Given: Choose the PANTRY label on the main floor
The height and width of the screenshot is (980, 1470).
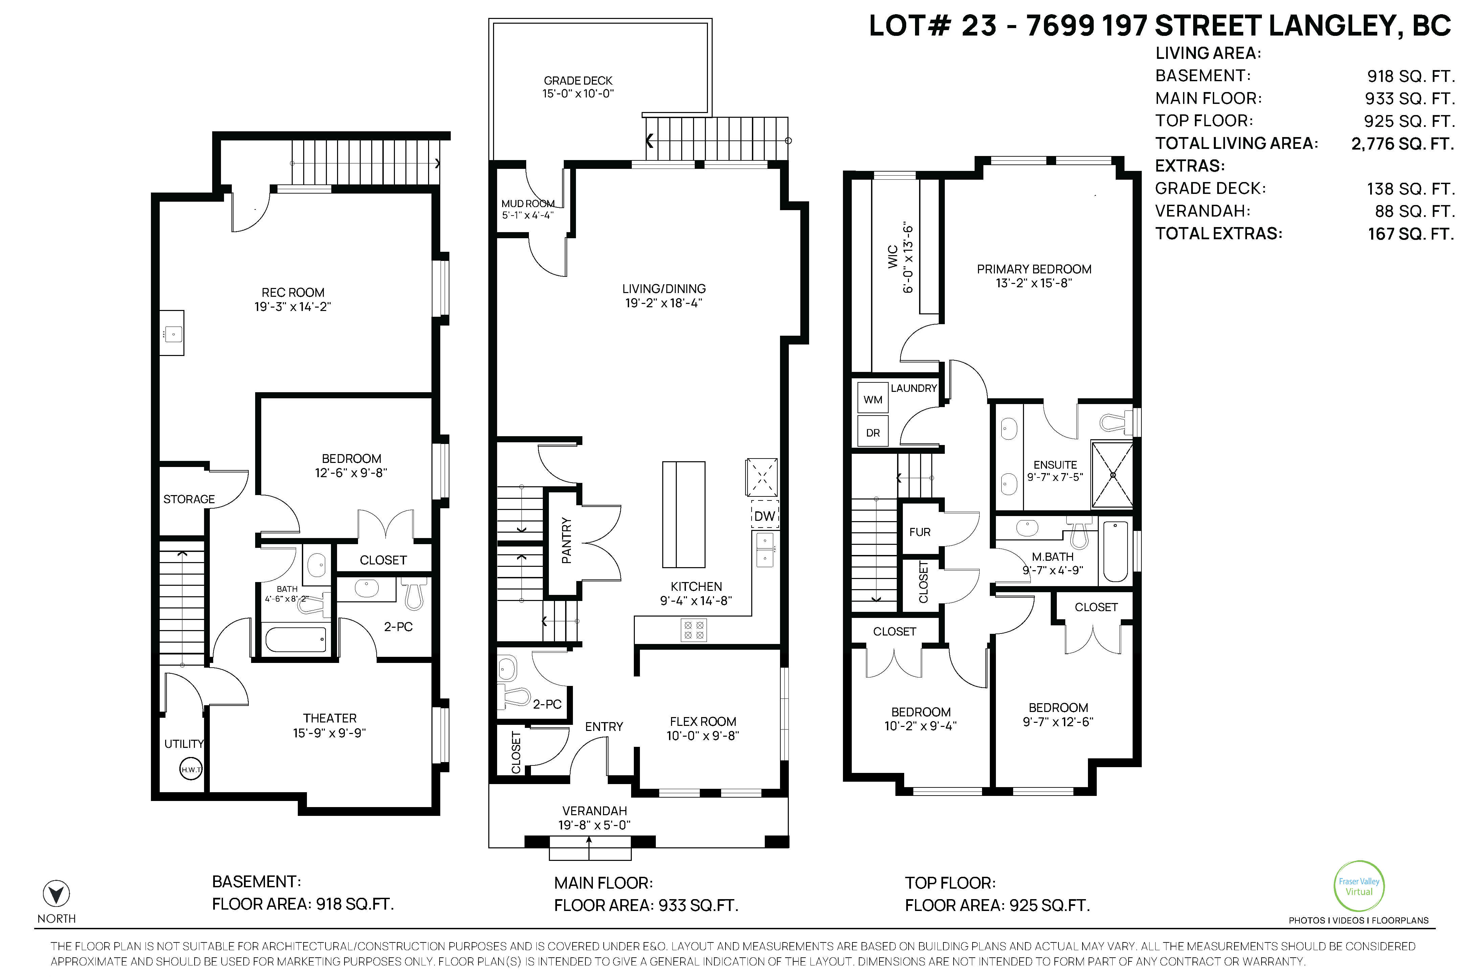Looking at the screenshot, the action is tap(566, 541).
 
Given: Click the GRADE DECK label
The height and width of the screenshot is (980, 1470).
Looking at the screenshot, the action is tap(578, 81).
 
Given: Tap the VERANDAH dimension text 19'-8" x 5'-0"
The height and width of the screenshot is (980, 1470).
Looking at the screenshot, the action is tap(594, 825).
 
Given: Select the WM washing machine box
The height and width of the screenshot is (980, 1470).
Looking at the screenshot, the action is tap(873, 399).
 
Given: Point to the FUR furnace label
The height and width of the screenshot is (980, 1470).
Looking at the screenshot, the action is tap(920, 532).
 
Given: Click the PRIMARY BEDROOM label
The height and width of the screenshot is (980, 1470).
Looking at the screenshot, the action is tap(1034, 269).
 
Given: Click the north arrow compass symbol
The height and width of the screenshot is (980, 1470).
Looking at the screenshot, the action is tap(56, 894).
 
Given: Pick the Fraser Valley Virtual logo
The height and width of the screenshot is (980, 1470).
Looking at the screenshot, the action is tap(1359, 886).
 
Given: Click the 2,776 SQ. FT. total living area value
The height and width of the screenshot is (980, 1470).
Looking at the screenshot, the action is tap(1403, 144).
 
